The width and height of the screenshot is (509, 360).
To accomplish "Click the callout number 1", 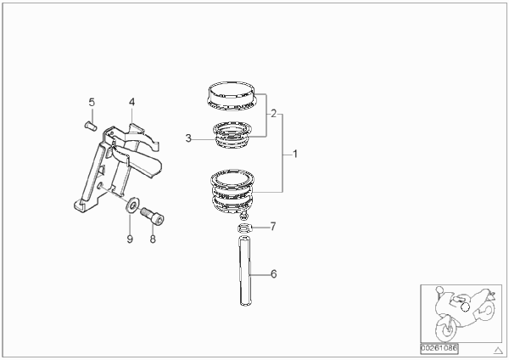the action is (x=295, y=154).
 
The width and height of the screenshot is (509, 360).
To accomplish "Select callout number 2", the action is (x=274, y=114).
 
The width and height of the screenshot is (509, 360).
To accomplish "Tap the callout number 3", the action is (x=188, y=138).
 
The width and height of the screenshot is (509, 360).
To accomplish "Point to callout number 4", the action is (x=131, y=102).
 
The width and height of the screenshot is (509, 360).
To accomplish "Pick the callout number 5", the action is (x=92, y=103).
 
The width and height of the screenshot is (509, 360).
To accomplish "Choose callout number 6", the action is (x=274, y=274).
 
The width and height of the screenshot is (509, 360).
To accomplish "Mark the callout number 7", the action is (x=273, y=227).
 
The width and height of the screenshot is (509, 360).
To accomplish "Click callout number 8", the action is (x=153, y=239).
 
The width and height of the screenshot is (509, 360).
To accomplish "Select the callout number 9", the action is (x=130, y=239).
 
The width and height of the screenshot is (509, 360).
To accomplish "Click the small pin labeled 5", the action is (x=91, y=126).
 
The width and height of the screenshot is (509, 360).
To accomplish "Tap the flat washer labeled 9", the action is (x=132, y=205).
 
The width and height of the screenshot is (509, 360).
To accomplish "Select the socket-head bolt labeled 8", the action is (x=152, y=216).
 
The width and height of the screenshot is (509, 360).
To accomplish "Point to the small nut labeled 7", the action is (x=245, y=228).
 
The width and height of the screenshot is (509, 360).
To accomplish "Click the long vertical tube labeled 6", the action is (x=245, y=272).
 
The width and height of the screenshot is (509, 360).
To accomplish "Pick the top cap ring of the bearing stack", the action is (x=232, y=95).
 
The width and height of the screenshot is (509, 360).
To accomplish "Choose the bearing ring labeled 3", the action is (x=232, y=134).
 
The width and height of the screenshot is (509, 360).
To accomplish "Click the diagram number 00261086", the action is (x=439, y=348).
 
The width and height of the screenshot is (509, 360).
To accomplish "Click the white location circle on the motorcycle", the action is (x=465, y=307).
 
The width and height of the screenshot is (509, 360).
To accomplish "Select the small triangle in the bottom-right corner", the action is (x=498, y=351).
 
